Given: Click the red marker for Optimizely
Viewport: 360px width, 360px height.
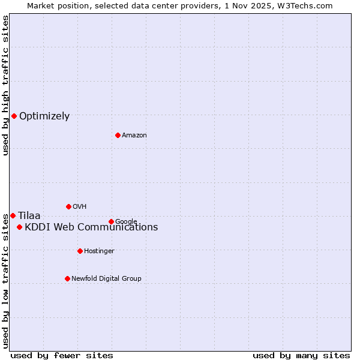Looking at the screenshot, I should click(14, 116).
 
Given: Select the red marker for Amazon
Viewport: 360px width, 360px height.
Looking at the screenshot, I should click(118, 135).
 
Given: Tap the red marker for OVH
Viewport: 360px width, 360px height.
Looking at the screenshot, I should click(68, 206).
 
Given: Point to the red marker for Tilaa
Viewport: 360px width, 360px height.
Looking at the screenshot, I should click(13, 215).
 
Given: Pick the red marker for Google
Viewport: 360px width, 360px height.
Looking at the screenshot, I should click(111, 221).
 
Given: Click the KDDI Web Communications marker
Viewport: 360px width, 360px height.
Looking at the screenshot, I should click(20, 227).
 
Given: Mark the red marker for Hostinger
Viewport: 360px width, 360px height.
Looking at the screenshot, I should click(80, 251).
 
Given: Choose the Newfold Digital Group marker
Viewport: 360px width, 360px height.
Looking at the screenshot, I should click(67, 278).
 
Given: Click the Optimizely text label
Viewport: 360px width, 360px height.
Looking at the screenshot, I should click(44, 116).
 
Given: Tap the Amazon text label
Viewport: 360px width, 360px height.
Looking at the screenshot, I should click(134, 136).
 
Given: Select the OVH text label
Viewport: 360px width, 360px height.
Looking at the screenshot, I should click(80, 207).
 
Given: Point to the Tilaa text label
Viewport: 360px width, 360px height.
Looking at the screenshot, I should click(29, 216).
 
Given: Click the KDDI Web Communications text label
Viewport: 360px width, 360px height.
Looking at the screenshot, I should click(91, 227).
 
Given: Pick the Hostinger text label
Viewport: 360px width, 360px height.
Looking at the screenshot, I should click(99, 251).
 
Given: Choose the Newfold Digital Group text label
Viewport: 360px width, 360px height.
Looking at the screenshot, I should click(106, 278).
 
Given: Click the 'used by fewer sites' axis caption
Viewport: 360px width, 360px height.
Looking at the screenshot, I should click(62, 355).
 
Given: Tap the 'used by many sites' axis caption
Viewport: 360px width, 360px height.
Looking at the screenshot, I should click(301, 355).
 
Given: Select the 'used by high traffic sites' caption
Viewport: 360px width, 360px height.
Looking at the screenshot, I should click(5, 85).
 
